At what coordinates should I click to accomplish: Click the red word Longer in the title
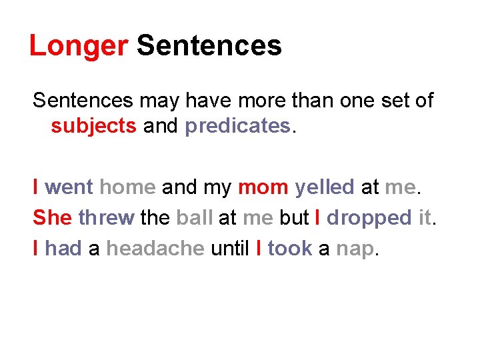click(x=79, y=47)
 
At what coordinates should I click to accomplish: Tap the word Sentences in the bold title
click(x=209, y=47)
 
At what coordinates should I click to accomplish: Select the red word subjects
click(x=93, y=126)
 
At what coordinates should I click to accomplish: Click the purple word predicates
click(x=237, y=126)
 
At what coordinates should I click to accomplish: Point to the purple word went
click(x=69, y=187)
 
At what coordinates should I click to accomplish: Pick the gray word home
click(x=127, y=187)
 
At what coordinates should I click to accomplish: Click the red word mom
click(x=263, y=187)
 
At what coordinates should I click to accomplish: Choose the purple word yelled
click(x=325, y=187)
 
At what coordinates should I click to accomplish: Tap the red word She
click(x=52, y=218)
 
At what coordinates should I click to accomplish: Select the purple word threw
click(x=106, y=218)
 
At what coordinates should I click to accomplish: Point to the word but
click(x=293, y=218)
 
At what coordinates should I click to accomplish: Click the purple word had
click(x=63, y=249)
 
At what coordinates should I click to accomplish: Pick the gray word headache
click(x=155, y=249)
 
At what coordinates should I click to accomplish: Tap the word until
click(x=230, y=249)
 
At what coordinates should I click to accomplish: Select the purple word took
click(x=289, y=249)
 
